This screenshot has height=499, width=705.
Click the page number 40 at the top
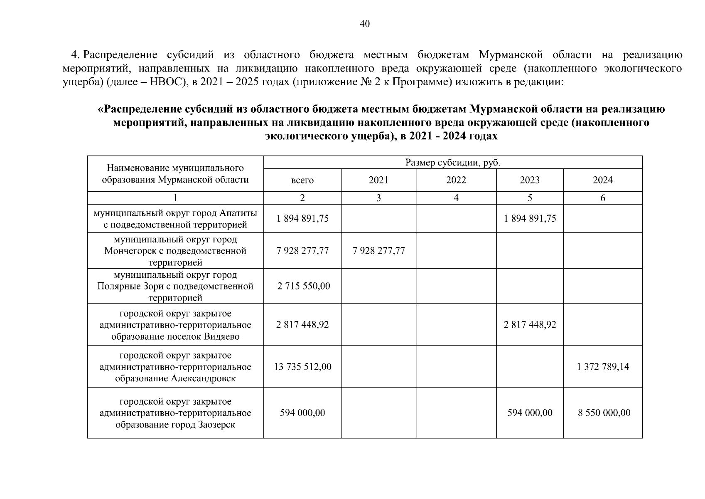click(x=364, y=24)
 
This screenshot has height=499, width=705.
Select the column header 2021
click(x=378, y=180)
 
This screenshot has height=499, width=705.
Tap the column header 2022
click(x=456, y=180)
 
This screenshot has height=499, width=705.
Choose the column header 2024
click(x=602, y=180)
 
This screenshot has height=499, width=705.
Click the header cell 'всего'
click(x=302, y=180)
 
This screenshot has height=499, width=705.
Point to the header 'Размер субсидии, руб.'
click(x=453, y=163)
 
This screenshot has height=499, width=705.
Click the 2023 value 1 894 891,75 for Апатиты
click(x=530, y=219)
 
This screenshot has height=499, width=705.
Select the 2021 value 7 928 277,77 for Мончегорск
click(x=378, y=251)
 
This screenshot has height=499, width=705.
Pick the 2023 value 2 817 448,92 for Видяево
click(x=530, y=325)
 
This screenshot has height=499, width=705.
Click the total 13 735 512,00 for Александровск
click(x=303, y=367)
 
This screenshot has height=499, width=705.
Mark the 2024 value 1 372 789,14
click(x=603, y=367)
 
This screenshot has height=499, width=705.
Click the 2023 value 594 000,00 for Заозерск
click(x=530, y=413)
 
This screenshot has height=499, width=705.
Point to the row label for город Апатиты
click(x=175, y=219)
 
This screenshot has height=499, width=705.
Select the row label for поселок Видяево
click(x=175, y=325)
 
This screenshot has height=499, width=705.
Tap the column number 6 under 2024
click(x=603, y=198)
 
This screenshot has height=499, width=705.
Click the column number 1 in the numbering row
click(x=175, y=198)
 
